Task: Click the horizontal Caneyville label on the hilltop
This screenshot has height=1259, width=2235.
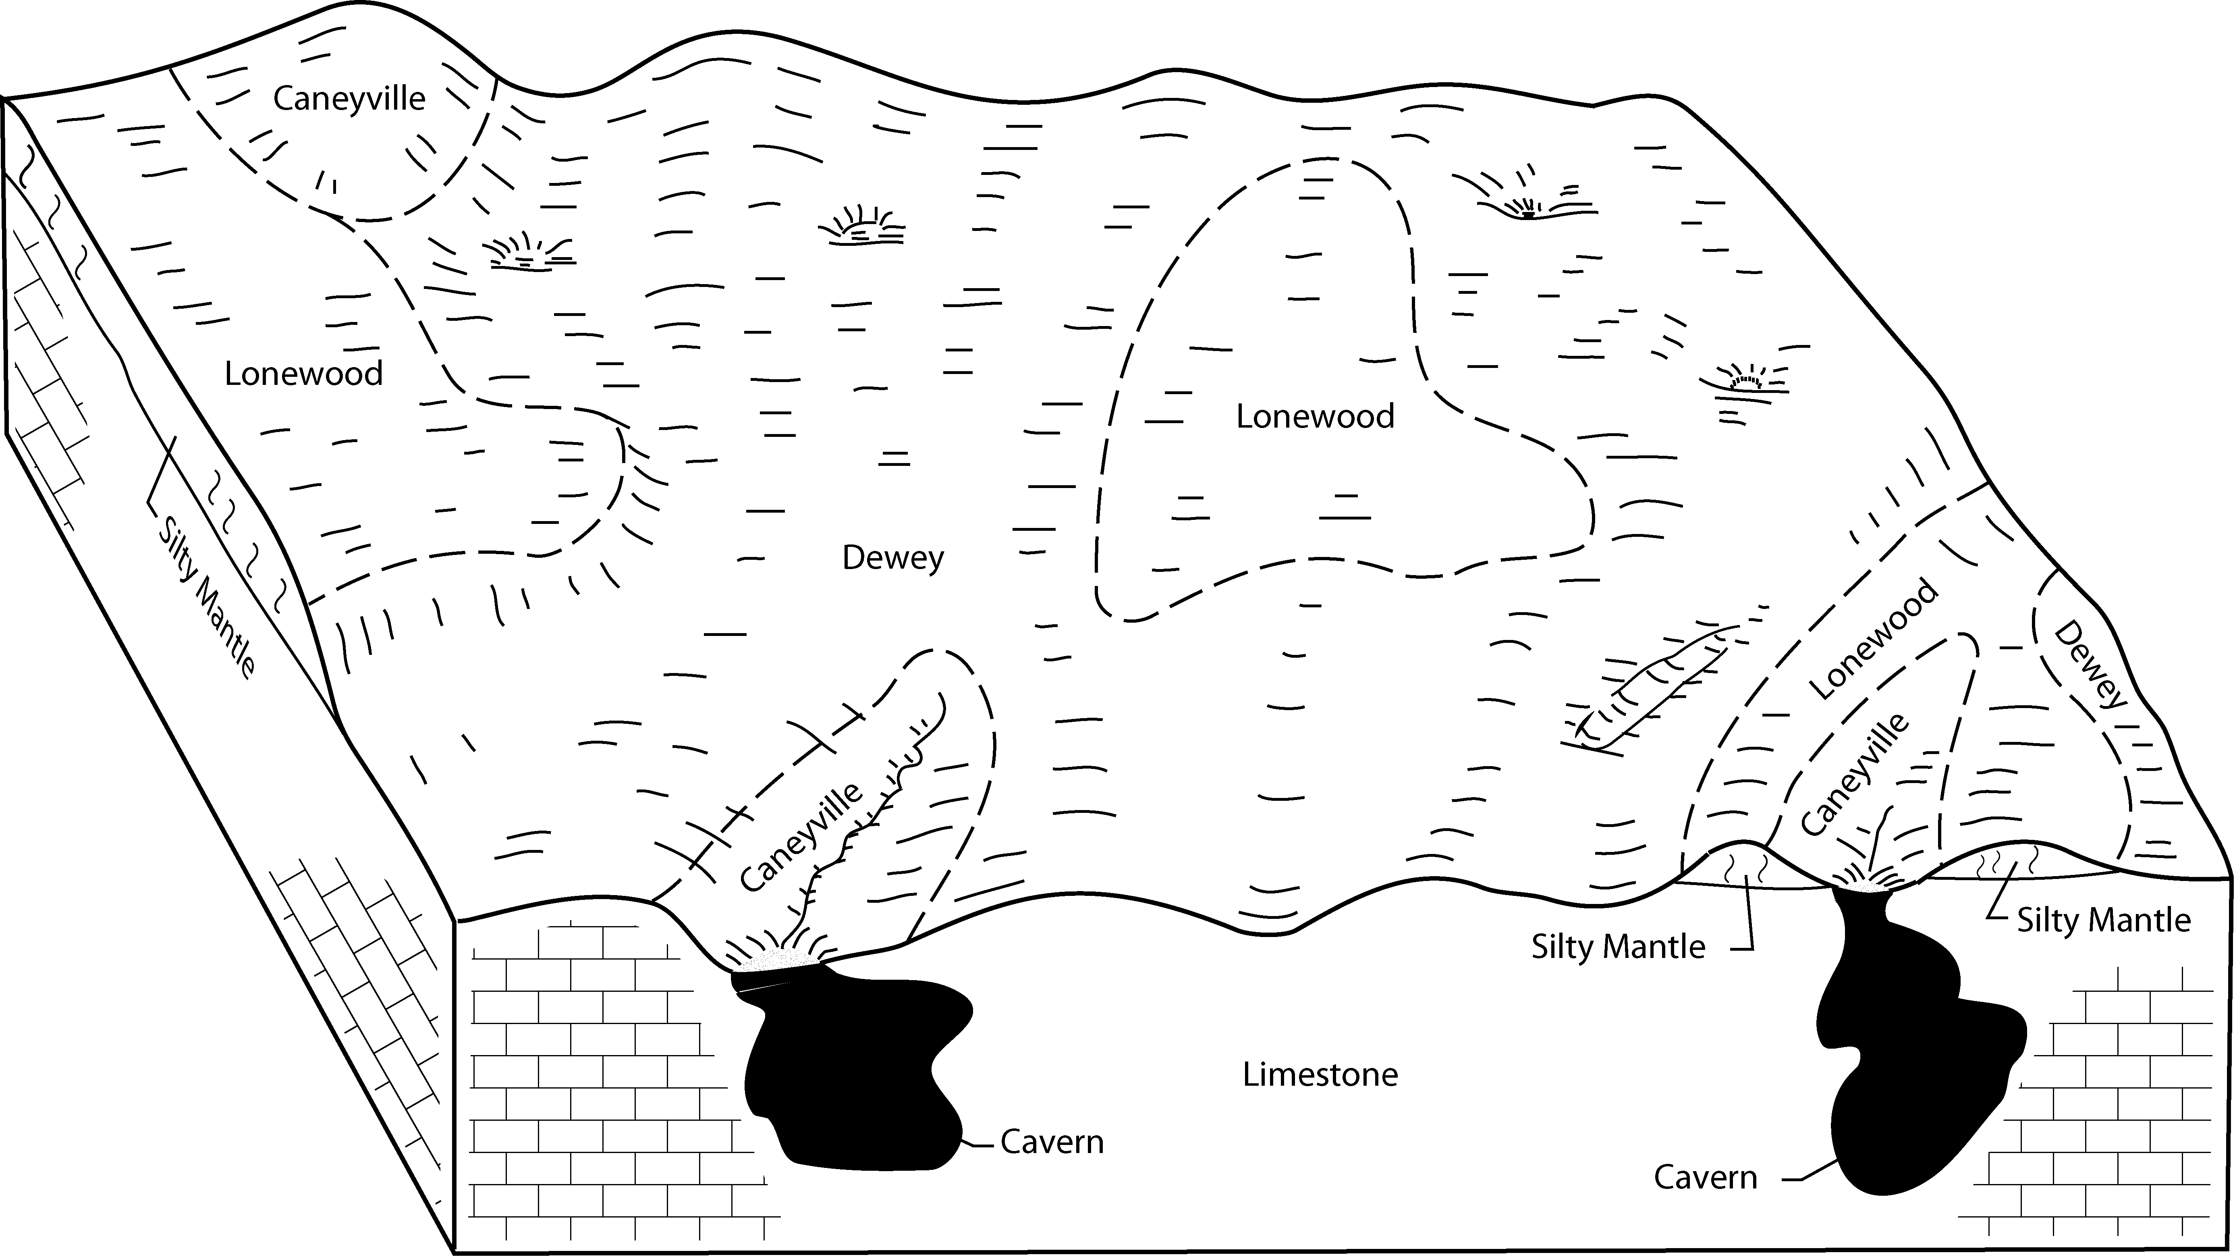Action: pyautogui.click(x=349, y=99)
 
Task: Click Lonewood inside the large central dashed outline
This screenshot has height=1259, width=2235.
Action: pyautogui.click(x=1314, y=418)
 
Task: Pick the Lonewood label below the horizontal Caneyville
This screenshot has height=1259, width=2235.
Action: pyautogui.click(x=304, y=374)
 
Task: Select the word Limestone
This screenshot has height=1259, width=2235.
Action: pyautogui.click(x=1320, y=1075)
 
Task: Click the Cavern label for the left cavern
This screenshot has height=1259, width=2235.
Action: pyautogui.click(x=1052, y=1142)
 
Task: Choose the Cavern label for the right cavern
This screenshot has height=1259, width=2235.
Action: pyautogui.click(x=1705, y=1178)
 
